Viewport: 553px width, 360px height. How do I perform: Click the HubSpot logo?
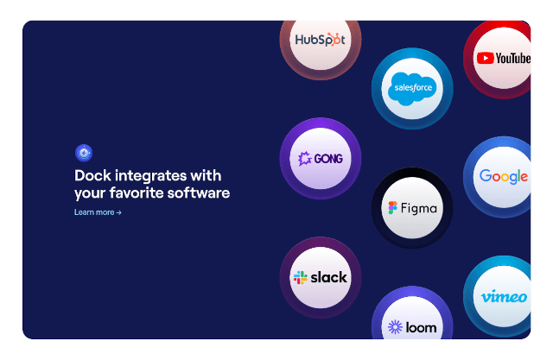320,40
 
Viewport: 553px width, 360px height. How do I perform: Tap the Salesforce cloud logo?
412,88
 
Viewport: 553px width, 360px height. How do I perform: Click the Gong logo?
320,159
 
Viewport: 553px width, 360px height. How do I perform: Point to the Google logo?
504,177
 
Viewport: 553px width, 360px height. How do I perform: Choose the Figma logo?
412,208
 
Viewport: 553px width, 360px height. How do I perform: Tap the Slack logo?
320,277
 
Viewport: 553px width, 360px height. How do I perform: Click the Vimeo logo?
505,297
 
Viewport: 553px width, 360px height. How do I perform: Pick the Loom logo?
412,327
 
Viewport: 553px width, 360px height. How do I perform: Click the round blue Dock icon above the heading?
84,153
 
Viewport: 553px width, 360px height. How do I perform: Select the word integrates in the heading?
153,175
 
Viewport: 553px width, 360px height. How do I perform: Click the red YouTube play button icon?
484,58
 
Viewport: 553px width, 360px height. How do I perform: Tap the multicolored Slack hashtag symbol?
301,278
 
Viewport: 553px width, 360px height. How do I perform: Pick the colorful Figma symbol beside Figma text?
393,208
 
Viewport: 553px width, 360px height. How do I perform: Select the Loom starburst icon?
395,327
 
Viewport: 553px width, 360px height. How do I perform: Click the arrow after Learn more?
119,212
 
